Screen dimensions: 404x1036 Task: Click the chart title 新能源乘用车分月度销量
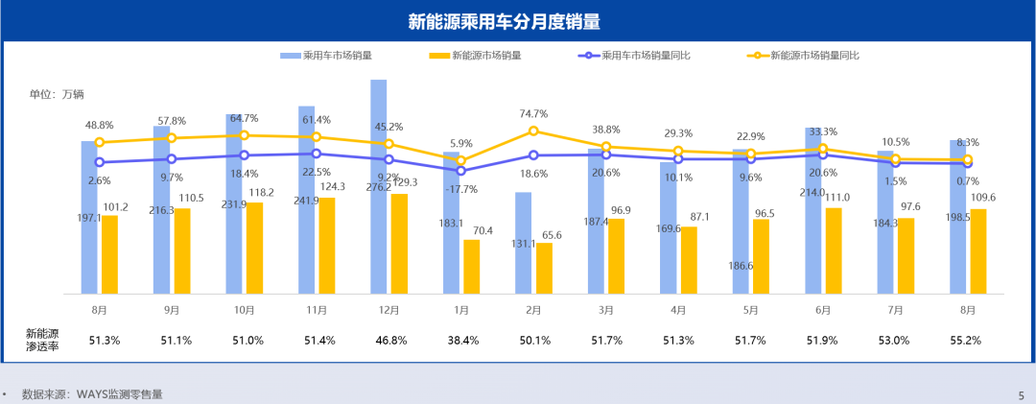pyautogui.click(x=518, y=21)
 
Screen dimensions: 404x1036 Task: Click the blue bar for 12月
pyautogui.click(x=379, y=187)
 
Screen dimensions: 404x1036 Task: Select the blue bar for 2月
pyautogui.click(x=523, y=243)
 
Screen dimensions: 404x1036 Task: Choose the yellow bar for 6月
pyautogui.click(x=834, y=250)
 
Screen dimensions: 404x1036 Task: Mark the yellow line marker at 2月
pyautogui.click(x=533, y=131)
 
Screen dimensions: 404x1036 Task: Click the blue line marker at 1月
pyautogui.click(x=461, y=170)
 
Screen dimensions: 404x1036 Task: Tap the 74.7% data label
pyautogui.click(x=533, y=113)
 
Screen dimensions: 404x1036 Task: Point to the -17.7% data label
pyautogui.click(x=461, y=189)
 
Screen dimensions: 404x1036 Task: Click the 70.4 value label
pyautogui.click(x=481, y=230)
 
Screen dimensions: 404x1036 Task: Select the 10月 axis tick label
pyautogui.click(x=244, y=310)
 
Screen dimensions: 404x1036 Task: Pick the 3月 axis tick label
pyautogui.click(x=606, y=310)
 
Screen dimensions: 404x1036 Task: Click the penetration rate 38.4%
pyautogui.click(x=461, y=340)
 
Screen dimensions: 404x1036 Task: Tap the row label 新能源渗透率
pyautogui.click(x=42, y=340)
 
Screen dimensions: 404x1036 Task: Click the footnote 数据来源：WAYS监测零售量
pyautogui.click(x=92, y=393)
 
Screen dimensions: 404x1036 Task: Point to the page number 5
pyautogui.click(x=1021, y=393)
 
